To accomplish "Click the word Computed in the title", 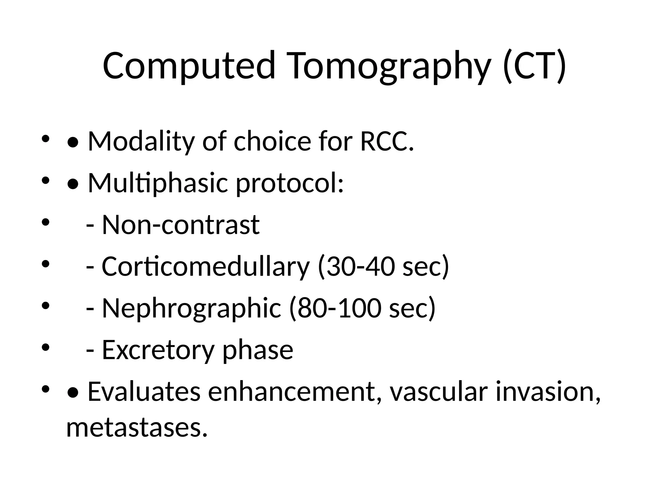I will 189,65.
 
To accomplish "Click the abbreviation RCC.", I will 387,141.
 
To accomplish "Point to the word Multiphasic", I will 158,183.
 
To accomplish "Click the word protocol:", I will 290,183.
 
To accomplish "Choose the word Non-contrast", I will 181,225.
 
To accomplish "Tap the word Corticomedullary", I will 205,267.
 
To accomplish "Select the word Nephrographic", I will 192,308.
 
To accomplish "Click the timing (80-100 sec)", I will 362,308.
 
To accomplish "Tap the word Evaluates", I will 144,392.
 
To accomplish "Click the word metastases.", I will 137,428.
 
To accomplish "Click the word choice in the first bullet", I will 272,141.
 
